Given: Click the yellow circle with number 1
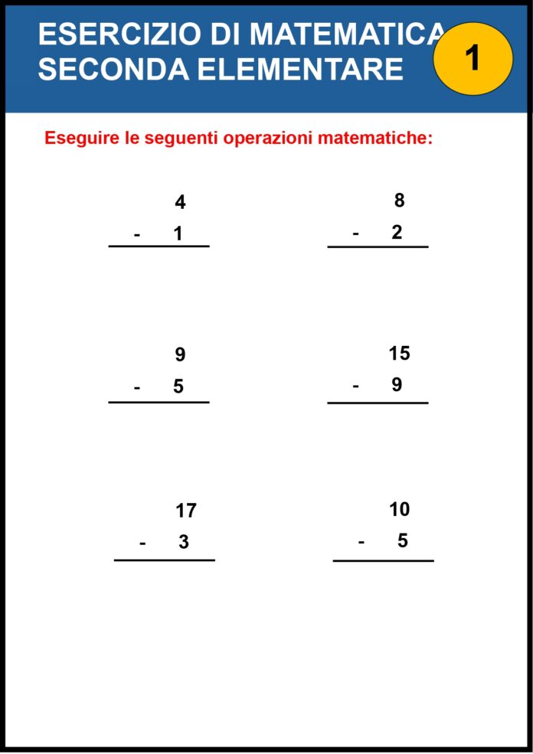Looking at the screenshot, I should point(473,58).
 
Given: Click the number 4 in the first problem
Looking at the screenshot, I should point(180,203).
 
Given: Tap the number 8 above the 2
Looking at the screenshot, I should point(399,201).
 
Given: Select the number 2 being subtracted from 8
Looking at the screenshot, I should point(397,233).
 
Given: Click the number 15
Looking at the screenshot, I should point(399,354).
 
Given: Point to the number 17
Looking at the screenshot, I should point(186,511).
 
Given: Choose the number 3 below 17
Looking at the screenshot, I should point(184,542).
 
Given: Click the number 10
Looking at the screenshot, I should point(399,509).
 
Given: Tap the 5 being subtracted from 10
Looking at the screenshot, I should point(402,541).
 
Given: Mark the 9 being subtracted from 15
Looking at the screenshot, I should point(397,385).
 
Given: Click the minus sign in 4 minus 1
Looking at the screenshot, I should point(137,234).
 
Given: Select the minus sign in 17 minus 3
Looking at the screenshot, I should point(142,543).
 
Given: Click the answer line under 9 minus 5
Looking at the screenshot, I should point(159,402).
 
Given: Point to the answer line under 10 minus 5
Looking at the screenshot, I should point(383,561).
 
